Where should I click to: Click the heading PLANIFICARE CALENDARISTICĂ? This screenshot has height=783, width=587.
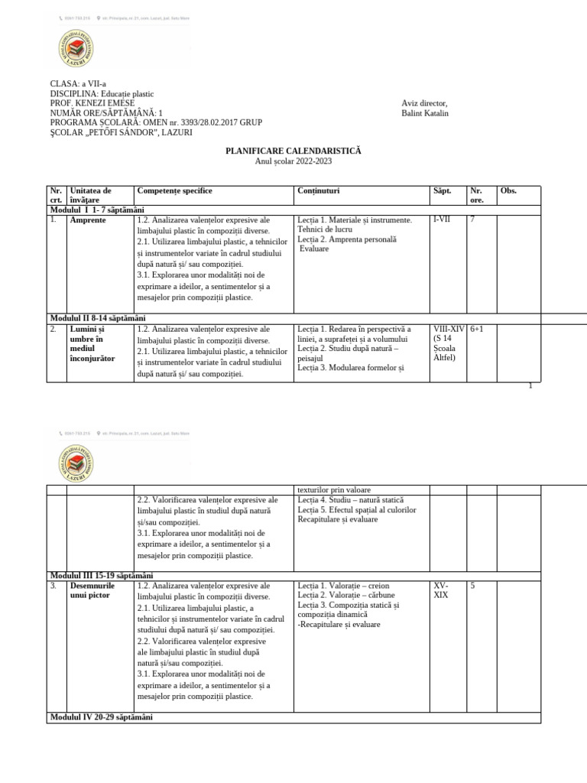pos(293,151)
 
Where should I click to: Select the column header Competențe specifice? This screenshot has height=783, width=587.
pos(174,191)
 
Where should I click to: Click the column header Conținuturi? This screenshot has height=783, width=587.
pos(319,191)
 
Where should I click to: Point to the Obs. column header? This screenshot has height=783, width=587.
pos(508,191)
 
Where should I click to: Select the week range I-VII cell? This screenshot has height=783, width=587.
pos(442,220)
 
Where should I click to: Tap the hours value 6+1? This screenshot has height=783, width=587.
pos(478,330)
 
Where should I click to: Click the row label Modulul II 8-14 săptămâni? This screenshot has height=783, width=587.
pos(98,318)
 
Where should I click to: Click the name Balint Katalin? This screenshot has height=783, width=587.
pos(425,114)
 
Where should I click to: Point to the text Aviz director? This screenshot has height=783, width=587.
pos(424,104)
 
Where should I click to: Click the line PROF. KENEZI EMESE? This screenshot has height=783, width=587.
pos(92,103)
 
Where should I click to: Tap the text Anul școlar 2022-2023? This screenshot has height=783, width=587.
pos(293,161)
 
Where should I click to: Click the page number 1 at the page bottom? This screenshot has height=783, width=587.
pos(530,385)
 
